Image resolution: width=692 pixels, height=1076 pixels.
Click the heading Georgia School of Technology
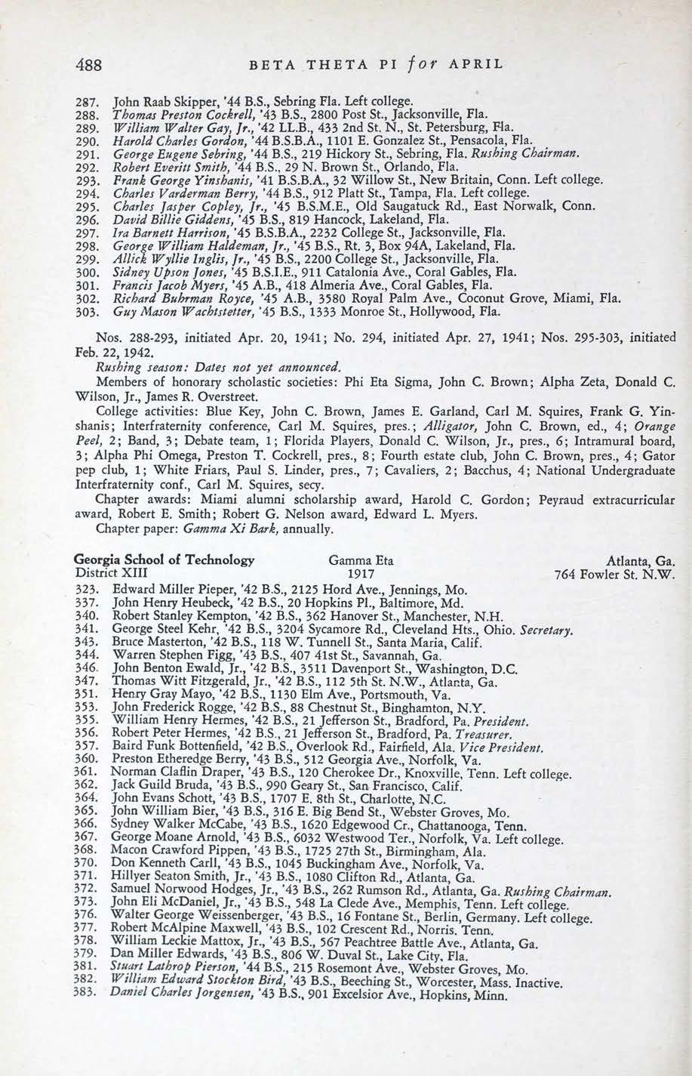pyautogui.click(x=164, y=561)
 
